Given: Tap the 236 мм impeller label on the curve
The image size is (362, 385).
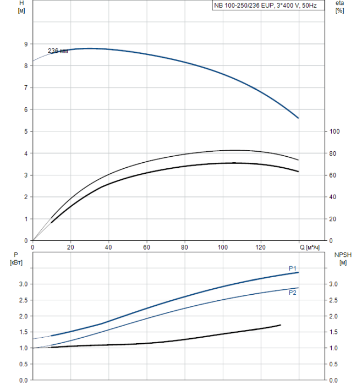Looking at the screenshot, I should [58, 51].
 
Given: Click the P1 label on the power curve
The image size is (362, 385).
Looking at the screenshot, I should [293, 268].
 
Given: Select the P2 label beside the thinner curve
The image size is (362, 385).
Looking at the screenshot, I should [293, 293].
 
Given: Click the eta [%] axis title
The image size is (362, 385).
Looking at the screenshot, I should [339, 7].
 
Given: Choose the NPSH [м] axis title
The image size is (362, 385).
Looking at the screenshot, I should [341, 258].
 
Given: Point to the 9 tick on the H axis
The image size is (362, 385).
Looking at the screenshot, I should [25, 44].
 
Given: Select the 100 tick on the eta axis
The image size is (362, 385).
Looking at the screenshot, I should [334, 131].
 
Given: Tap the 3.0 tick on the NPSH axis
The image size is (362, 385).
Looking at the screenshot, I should [333, 284].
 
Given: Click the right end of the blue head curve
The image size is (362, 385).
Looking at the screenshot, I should [298, 118].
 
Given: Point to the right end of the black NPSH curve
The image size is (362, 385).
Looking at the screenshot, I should [281, 325].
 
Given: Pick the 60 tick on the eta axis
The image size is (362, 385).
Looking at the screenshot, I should [333, 175].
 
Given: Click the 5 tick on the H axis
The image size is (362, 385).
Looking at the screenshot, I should [25, 131].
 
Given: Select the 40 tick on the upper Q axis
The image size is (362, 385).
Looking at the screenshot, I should [108, 247].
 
